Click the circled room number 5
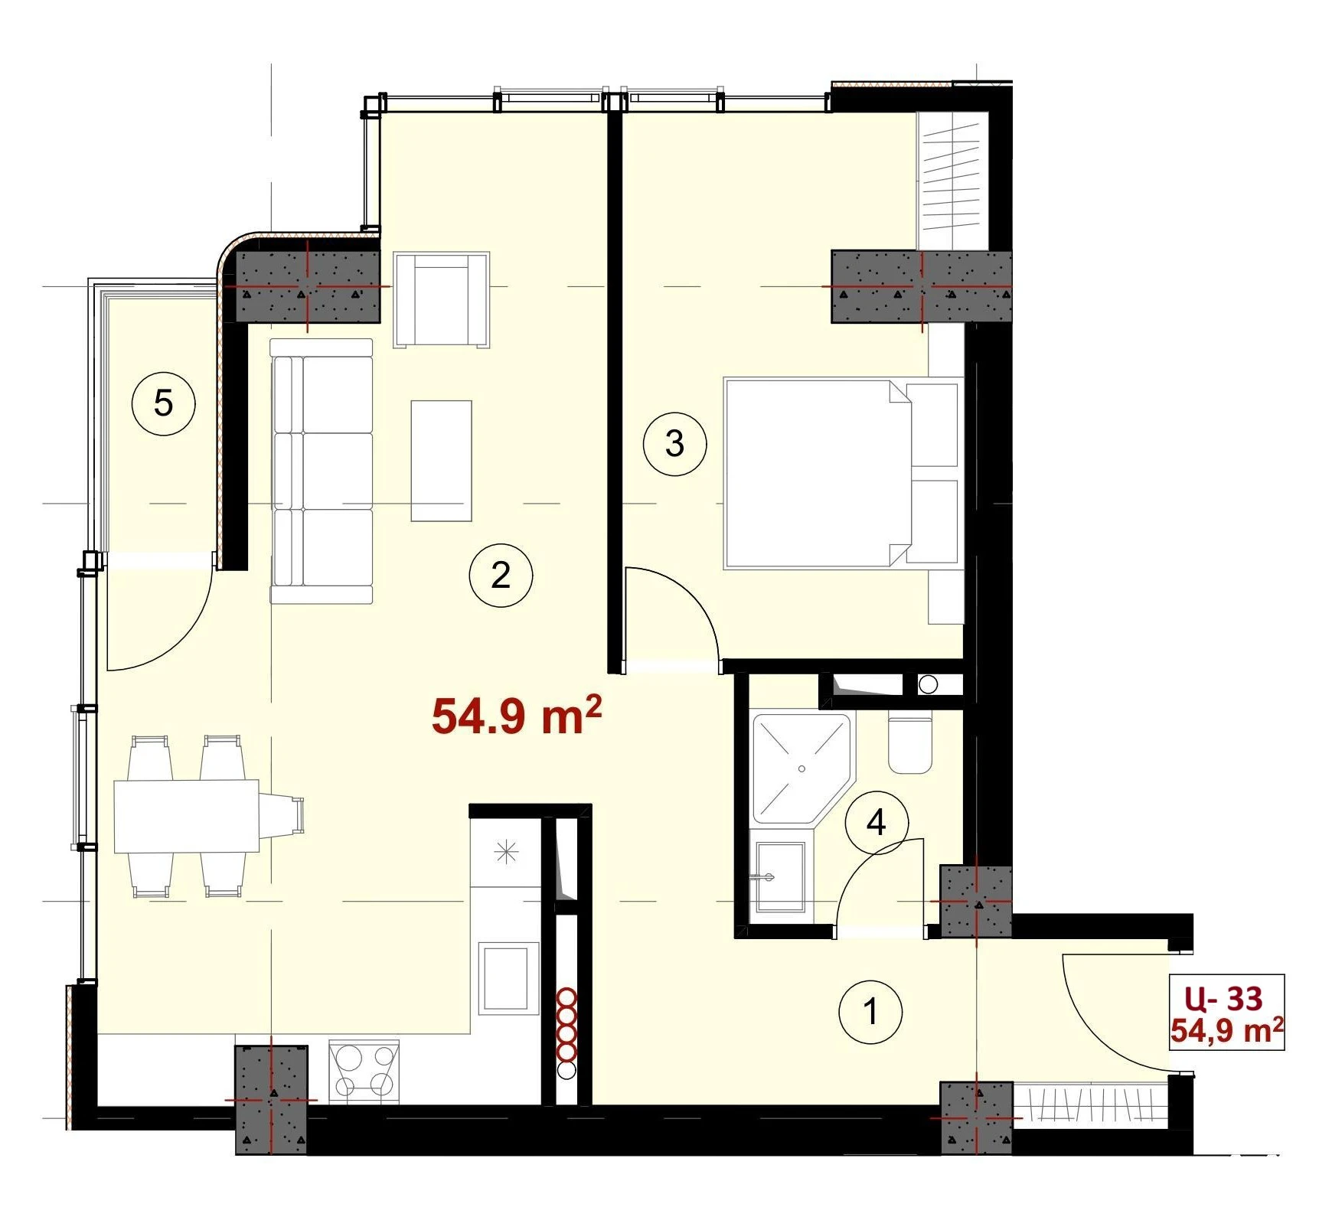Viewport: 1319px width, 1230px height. click(163, 403)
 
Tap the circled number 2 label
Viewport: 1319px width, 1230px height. click(501, 575)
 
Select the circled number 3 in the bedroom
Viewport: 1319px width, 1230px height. click(674, 443)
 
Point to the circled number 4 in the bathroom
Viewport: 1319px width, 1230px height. click(877, 823)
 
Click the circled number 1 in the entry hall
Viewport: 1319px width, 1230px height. click(870, 1012)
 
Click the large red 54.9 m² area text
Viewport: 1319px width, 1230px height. click(517, 715)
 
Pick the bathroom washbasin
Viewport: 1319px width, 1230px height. click(780, 877)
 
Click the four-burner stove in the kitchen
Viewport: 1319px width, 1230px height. click(364, 1071)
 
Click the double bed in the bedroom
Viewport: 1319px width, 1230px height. click(842, 473)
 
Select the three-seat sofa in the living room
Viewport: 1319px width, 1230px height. click(322, 471)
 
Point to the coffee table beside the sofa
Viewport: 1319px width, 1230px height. click(441, 461)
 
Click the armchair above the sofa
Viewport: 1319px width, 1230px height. click(442, 300)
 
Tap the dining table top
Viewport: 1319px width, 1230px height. click(187, 816)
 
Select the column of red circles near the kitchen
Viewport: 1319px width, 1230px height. click(566, 1033)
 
